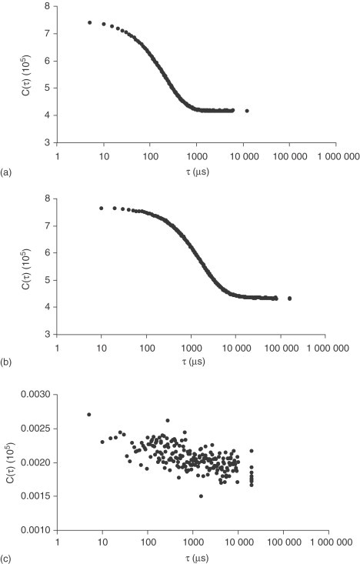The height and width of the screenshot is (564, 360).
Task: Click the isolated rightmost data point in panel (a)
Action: pos(247,111)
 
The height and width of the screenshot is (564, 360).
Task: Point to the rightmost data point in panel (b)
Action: pos(289,298)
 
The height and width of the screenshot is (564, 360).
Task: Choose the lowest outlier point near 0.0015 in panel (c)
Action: pos(201,496)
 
